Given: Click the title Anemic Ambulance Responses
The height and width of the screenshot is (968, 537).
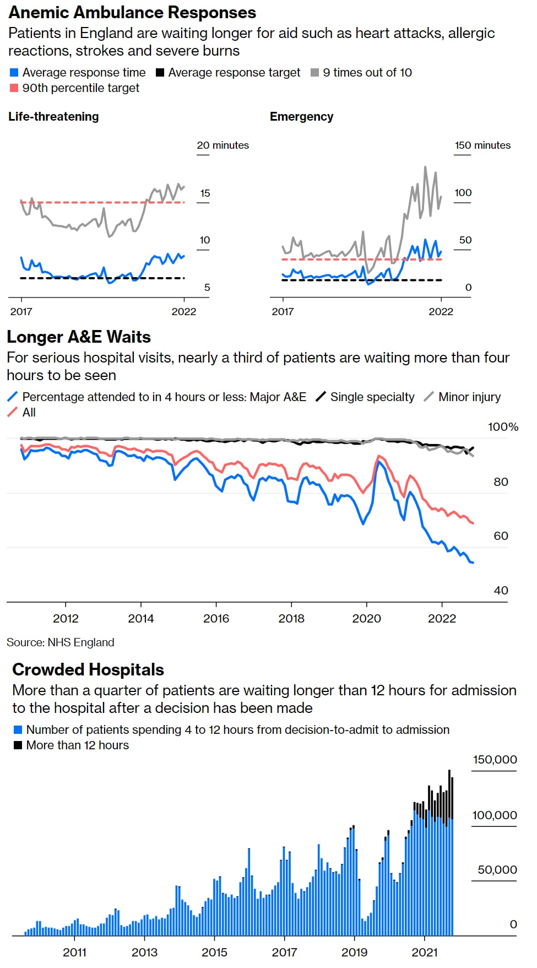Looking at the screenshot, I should click(132, 12).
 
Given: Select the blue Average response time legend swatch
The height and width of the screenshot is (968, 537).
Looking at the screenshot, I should click(14, 73).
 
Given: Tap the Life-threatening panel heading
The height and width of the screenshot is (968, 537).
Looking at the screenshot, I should click(53, 117).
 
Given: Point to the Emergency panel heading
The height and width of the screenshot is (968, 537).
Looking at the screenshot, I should click(301, 117).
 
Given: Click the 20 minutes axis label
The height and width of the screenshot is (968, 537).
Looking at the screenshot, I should click(223, 145).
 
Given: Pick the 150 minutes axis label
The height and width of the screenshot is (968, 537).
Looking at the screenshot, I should click(482, 145).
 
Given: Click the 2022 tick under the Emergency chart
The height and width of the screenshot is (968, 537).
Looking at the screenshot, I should click(441, 312).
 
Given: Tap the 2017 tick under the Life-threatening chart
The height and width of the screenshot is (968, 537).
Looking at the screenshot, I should click(21, 312).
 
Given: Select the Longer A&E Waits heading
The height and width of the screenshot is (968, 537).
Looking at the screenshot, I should click(79, 337).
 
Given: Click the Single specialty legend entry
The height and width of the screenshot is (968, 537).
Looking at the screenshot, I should click(372, 397).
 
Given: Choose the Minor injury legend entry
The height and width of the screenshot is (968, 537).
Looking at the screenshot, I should click(469, 397).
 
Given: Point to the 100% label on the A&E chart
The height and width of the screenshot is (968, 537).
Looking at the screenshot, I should click(503, 427).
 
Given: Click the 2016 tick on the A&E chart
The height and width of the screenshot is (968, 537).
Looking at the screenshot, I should click(216, 619).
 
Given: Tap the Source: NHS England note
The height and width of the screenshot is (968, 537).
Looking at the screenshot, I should click(61, 642).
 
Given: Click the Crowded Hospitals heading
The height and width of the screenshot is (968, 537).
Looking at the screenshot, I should click(88, 669).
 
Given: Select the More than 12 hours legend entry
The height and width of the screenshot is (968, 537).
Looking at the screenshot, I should click(77, 745).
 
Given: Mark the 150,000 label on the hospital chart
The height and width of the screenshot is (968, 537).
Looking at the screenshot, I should click(495, 760).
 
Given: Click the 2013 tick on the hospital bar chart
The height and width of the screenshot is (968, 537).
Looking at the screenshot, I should click(144, 953).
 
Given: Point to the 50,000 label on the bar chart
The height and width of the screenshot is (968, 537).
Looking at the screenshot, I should click(497, 870).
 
